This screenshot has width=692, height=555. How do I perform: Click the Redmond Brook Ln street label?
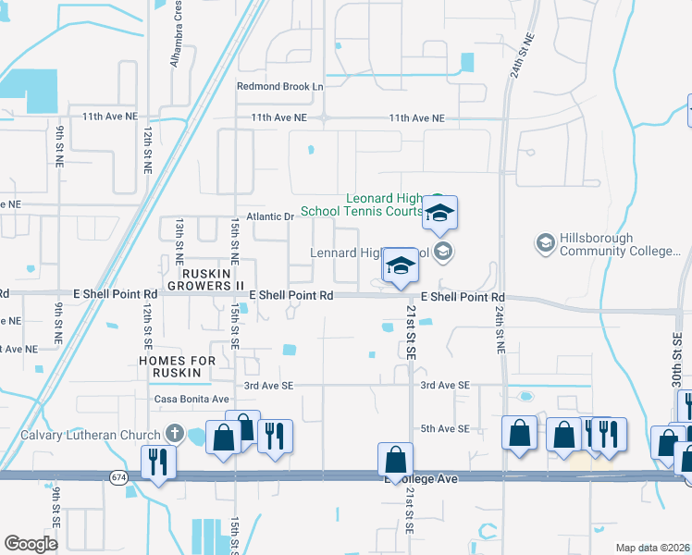tap(280, 86)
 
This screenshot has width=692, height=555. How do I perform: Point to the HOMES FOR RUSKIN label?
tap(177, 366)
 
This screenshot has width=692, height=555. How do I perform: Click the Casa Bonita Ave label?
tap(192, 399)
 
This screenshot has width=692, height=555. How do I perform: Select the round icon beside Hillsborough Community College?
tap(545, 242)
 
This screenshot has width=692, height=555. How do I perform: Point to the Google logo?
tap(31, 543)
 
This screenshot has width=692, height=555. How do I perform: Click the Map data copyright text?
tap(653, 548)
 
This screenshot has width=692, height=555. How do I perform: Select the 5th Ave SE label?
tap(446, 428)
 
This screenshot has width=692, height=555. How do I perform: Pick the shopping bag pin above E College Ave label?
tap(395, 460)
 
